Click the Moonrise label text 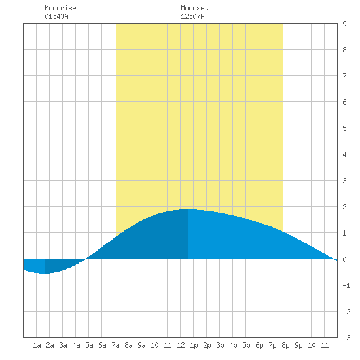(60, 8)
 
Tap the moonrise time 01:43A (56, 16)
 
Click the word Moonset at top (194, 8)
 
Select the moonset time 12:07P (192, 16)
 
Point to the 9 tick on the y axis (344, 24)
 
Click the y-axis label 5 (344, 128)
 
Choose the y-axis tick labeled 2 (344, 207)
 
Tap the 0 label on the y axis (344, 259)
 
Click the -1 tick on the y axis (346, 285)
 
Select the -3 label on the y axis (346, 338)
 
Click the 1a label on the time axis (37, 345)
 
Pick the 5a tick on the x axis (89, 345)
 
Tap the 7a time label (115, 345)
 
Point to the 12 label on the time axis (181, 345)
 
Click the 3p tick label (220, 345)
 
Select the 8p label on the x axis (285, 345)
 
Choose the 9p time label (298, 345)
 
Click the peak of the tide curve (188, 209)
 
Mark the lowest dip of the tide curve (44, 273)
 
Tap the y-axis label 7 (344, 76)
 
